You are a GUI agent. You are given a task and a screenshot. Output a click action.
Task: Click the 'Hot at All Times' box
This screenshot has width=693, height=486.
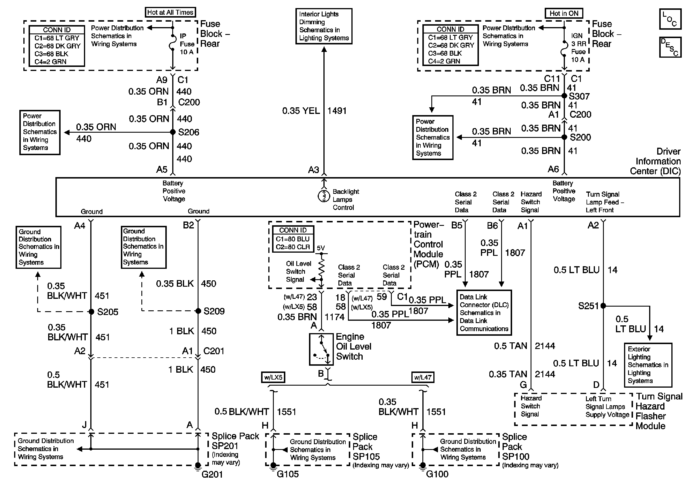[170, 12]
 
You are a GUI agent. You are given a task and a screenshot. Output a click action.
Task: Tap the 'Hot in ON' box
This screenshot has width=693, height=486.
[563, 13]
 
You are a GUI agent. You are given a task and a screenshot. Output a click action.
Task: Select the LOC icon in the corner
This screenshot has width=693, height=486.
[670, 19]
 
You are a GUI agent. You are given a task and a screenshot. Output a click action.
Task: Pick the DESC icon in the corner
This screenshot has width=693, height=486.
[670, 47]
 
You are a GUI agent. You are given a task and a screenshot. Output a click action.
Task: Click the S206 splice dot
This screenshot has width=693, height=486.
[173, 132]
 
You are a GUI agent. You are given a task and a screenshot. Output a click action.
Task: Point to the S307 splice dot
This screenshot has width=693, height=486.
[564, 96]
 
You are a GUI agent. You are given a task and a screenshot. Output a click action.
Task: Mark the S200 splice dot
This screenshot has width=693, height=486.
[564, 137]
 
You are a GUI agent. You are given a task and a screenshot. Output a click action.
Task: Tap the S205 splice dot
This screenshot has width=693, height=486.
[91, 312]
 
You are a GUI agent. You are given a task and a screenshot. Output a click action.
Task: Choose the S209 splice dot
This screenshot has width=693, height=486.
[198, 311]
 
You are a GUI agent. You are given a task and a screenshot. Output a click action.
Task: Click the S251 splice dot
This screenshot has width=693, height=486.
[603, 306]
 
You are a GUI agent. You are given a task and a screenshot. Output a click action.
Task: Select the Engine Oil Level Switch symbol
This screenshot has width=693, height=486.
[321, 349]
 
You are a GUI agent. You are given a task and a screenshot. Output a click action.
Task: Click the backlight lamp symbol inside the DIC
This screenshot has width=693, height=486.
[324, 196]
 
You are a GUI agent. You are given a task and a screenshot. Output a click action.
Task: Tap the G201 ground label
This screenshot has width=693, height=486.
[212, 474]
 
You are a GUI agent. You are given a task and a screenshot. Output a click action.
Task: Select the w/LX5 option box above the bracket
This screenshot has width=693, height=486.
[273, 377]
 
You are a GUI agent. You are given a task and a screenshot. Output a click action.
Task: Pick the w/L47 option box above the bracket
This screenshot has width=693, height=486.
[423, 377]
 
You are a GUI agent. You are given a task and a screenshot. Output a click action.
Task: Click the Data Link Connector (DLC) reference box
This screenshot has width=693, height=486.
[484, 313]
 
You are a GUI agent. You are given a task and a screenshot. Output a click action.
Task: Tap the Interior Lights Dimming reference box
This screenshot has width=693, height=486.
[323, 26]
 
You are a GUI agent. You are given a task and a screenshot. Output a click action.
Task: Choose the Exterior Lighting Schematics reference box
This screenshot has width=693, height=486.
[648, 365]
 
